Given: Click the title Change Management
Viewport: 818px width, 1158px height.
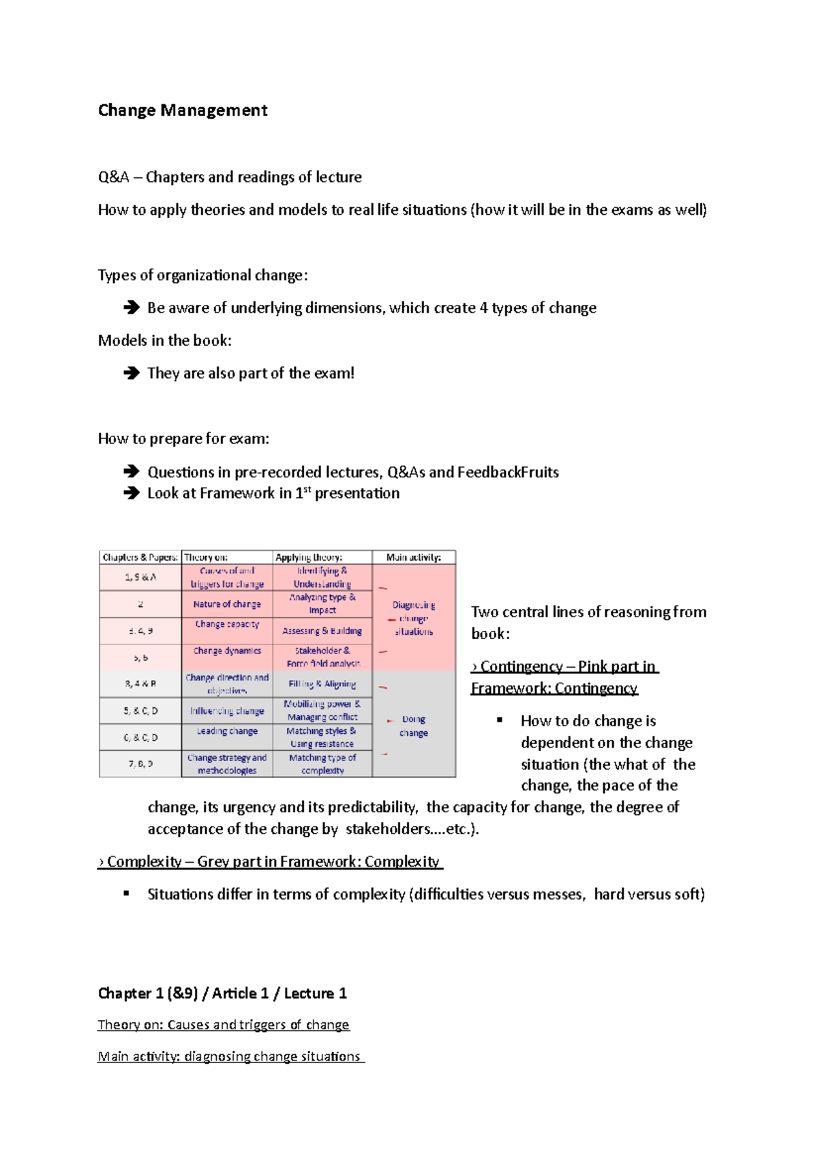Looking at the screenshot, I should (x=183, y=110).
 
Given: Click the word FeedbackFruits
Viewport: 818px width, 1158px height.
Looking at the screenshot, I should (x=508, y=472).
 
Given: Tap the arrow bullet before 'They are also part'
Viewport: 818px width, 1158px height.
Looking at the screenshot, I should (x=131, y=373).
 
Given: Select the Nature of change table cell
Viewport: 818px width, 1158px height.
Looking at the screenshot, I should (x=227, y=604).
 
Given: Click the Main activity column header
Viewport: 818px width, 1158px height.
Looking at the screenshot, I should (x=414, y=557).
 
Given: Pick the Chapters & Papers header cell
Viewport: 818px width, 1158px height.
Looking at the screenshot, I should (x=140, y=557).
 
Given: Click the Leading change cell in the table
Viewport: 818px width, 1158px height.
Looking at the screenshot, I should (x=227, y=731).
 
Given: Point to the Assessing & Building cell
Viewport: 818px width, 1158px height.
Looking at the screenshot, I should (x=322, y=631).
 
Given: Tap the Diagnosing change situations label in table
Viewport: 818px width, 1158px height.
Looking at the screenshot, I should (x=414, y=618).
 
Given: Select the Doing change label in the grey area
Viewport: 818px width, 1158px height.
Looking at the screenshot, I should (x=414, y=726).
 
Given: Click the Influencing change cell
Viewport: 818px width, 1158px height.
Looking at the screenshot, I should (x=227, y=711).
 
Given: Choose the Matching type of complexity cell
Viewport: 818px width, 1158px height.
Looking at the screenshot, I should (x=322, y=764).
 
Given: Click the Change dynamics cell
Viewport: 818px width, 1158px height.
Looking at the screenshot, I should (x=227, y=651).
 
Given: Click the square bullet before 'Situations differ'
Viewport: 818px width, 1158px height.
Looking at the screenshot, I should (x=126, y=893).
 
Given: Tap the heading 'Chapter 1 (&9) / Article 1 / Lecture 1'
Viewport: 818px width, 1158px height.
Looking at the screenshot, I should (x=222, y=993).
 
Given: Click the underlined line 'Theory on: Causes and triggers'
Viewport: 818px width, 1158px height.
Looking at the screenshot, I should (x=224, y=1024).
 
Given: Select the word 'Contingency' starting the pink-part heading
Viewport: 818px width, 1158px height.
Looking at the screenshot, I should (x=521, y=666).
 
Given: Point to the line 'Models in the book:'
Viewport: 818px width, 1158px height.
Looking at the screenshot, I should (x=165, y=340).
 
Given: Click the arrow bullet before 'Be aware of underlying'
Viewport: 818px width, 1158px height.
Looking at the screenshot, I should (x=131, y=308).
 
